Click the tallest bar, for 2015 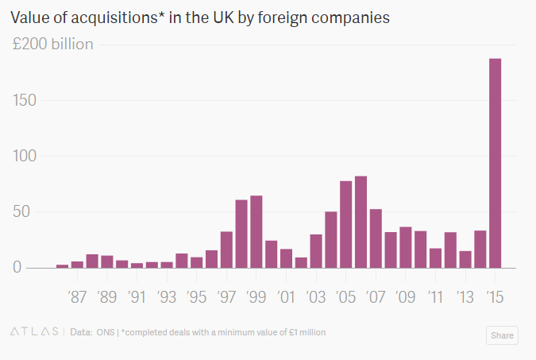pyautogui.click(x=495, y=163)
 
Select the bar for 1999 pyautogui.click(x=256, y=232)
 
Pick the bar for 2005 pyautogui.click(x=346, y=224)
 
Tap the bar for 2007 pyautogui.click(x=376, y=238)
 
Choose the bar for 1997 pyautogui.click(x=226, y=250)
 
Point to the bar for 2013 pyautogui.click(x=465, y=259)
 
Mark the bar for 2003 pyautogui.click(x=316, y=251)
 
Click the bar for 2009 pyautogui.click(x=406, y=247)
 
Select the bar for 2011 pyautogui.click(x=435, y=258)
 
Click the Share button pyautogui.click(x=502, y=335)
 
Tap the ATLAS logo pyautogui.click(x=34, y=331)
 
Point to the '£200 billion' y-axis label pyautogui.click(x=52, y=45)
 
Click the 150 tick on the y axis pyautogui.click(x=25, y=100)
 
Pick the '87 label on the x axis pyautogui.click(x=77, y=296)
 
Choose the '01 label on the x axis pyautogui.click(x=286, y=296)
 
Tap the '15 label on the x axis pyautogui.click(x=495, y=296)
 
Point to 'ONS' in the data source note pyautogui.click(x=106, y=332)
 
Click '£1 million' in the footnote pyautogui.click(x=307, y=332)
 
